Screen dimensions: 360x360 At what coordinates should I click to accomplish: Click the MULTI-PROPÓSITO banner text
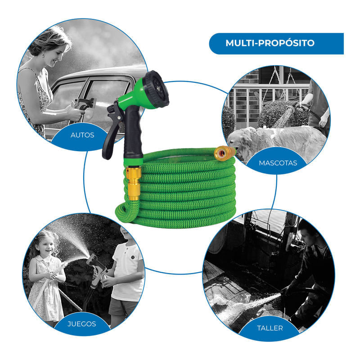point(270,43)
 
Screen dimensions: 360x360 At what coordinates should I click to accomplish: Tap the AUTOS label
point(82,135)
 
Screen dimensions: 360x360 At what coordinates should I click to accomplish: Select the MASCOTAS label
point(278,163)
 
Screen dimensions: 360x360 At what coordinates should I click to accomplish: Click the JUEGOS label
point(81,324)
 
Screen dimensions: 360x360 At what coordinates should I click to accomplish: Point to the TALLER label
point(270,328)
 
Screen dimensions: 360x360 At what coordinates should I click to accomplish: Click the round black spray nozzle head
point(157,90)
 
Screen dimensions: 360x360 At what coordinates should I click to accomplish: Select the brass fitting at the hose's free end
point(225,152)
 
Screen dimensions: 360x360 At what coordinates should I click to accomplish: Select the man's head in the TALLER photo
point(308,232)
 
